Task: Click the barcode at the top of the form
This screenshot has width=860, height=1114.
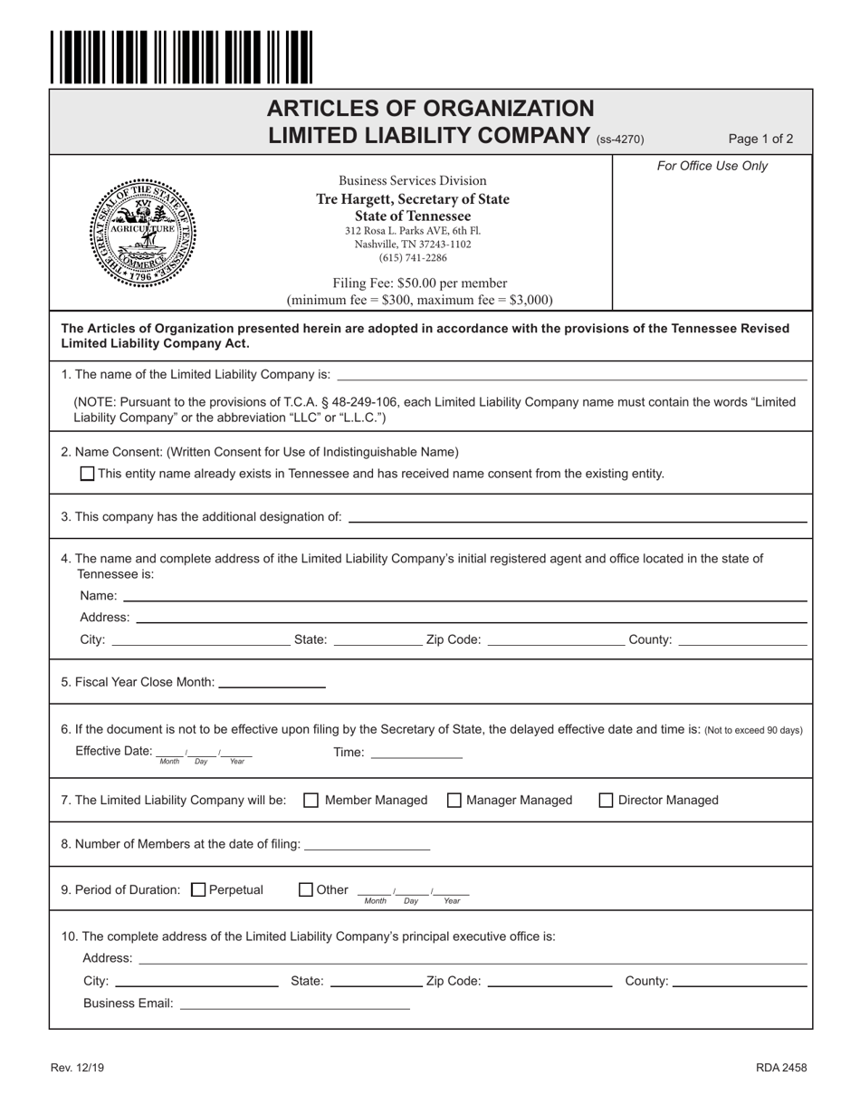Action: [x=181, y=56]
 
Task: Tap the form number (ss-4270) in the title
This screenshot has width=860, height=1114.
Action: [x=620, y=139]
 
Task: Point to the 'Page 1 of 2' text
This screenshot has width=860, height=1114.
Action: [x=760, y=139]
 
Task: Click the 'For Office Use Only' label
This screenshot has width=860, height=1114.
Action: [x=712, y=166]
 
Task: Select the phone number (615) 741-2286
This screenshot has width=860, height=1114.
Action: [x=412, y=258]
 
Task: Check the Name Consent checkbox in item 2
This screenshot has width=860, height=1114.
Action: [x=87, y=473]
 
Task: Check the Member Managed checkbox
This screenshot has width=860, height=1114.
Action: [x=311, y=800]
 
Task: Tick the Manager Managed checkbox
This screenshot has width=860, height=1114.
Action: [x=454, y=800]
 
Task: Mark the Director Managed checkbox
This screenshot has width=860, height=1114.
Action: [x=607, y=800]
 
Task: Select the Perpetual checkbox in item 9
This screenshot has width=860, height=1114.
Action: [x=199, y=889]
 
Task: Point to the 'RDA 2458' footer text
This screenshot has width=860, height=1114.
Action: [x=781, y=1067]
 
